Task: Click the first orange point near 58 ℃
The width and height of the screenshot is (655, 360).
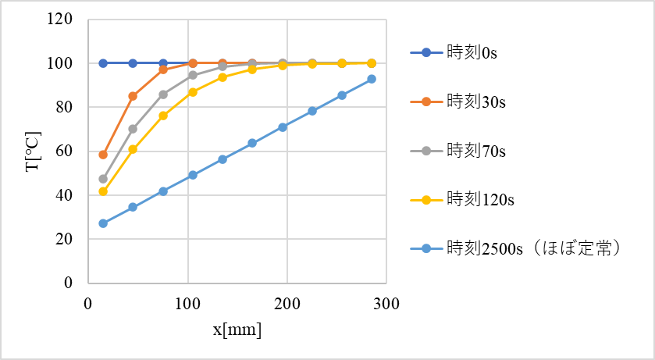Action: pyautogui.click(x=103, y=155)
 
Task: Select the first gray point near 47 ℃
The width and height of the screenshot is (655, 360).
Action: pyautogui.click(x=103, y=179)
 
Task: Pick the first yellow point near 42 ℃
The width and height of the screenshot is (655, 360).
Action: pyautogui.click(x=103, y=191)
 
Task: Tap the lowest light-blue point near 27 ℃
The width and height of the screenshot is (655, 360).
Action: pyautogui.click(x=103, y=223)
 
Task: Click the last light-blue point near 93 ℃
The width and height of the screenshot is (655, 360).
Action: pyautogui.click(x=372, y=79)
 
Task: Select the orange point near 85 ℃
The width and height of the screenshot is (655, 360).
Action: pyautogui.click(x=133, y=96)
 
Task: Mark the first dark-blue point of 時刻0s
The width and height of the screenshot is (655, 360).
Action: pyautogui.click(x=103, y=63)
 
